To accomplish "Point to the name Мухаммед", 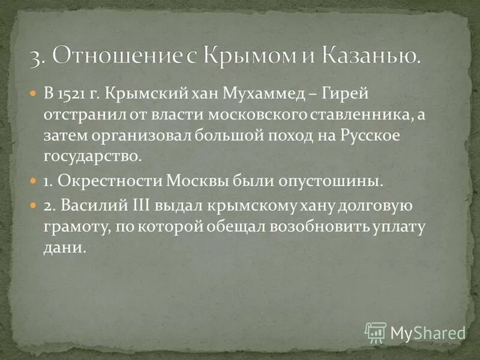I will click(x=250, y=94).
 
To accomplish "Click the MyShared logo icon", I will click(x=376, y=332).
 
